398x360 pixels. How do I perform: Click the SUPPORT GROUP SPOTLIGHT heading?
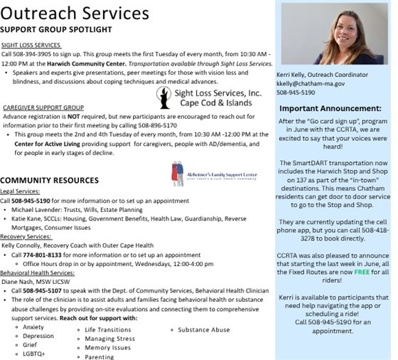point(56,30)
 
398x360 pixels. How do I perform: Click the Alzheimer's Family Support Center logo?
point(206,172)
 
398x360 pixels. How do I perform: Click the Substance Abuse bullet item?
point(203,330)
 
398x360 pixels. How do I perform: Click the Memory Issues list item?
point(107,348)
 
